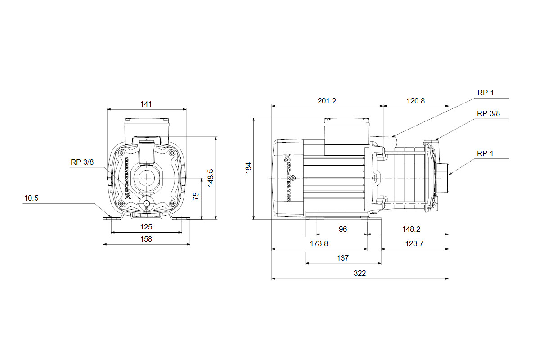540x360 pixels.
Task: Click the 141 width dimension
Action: pyautogui.click(x=146, y=104)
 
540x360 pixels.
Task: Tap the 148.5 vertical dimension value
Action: pyautogui.click(x=211, y=178)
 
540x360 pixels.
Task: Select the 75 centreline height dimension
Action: pyautogui.click(x=196, y=196)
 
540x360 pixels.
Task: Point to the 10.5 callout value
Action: pyautogui.click(x=31, y=198)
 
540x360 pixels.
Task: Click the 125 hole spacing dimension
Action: pyautogui.click(x=146, y=227)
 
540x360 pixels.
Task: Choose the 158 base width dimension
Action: pyautogui.click(x=146, y=239)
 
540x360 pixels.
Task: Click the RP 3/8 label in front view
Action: pyautogui.click(x=82, y=162)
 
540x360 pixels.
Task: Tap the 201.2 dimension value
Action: pyautogui.click(x=327, y=101)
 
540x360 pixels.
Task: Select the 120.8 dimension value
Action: pyautogui.click(x=416, y=101)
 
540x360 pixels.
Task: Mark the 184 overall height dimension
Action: pyautogui.click(x=248, y=168)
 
